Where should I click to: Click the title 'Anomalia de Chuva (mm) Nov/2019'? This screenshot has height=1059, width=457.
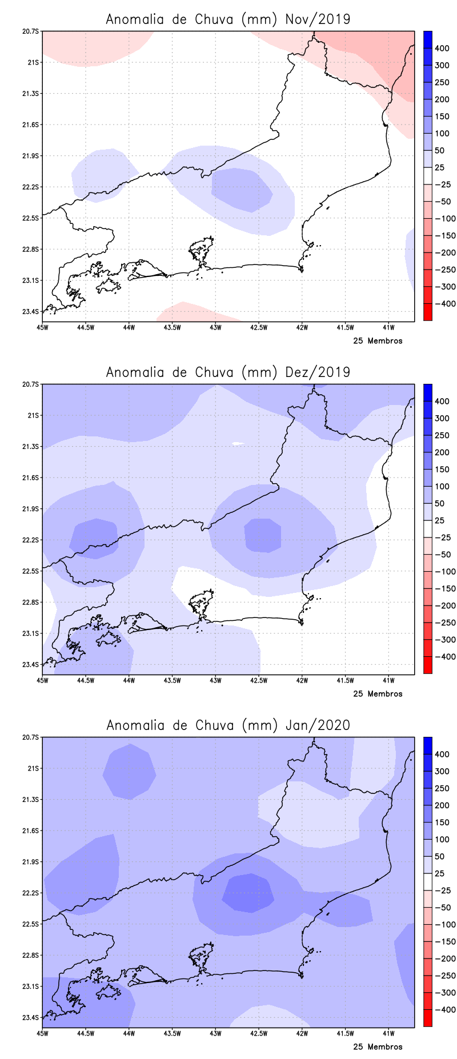(228, 19)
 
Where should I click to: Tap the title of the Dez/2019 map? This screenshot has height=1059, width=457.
(228, 372)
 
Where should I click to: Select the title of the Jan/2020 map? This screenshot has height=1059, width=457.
(228, 725)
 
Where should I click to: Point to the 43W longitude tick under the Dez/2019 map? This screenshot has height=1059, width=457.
(215, 680)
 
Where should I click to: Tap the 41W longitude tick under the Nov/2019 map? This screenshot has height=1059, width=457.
(388, 327)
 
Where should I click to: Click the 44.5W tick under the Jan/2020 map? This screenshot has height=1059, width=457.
(85, 1033)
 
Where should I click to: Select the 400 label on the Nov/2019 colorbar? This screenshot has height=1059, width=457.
(442, 49)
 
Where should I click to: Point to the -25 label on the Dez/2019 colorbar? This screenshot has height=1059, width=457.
(442, 537)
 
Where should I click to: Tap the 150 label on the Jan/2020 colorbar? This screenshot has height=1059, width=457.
(442, 822)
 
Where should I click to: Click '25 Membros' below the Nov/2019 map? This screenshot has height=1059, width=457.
(378, 341)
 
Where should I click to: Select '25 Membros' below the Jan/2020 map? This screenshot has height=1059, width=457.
(378, 1047)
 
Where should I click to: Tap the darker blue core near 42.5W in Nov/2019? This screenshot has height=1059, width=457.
(241, 190)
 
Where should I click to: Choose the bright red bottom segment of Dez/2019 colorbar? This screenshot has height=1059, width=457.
(427, 665)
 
